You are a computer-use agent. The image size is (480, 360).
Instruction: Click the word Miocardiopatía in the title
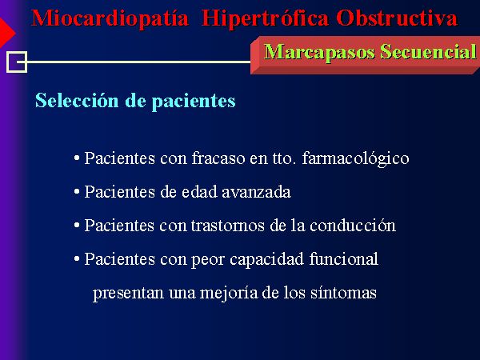110,19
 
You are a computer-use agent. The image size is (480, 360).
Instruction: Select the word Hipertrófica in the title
265,19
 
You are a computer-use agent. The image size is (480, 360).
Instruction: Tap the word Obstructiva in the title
397,18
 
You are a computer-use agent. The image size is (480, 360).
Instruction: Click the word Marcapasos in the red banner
319,52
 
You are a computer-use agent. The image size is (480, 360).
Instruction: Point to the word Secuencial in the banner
428,51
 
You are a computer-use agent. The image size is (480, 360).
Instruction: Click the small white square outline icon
17,62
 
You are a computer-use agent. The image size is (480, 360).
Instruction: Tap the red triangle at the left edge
6,33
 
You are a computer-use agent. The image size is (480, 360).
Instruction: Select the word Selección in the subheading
77,100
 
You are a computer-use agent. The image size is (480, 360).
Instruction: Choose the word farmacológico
355,159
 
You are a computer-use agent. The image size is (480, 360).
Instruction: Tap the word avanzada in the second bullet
256,192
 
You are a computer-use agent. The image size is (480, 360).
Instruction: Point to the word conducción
353,226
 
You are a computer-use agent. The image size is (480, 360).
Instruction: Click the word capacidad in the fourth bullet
266,260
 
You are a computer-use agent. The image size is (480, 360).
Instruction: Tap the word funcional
343,258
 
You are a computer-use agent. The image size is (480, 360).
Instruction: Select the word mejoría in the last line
229,293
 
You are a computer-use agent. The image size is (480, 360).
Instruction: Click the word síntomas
343,292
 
